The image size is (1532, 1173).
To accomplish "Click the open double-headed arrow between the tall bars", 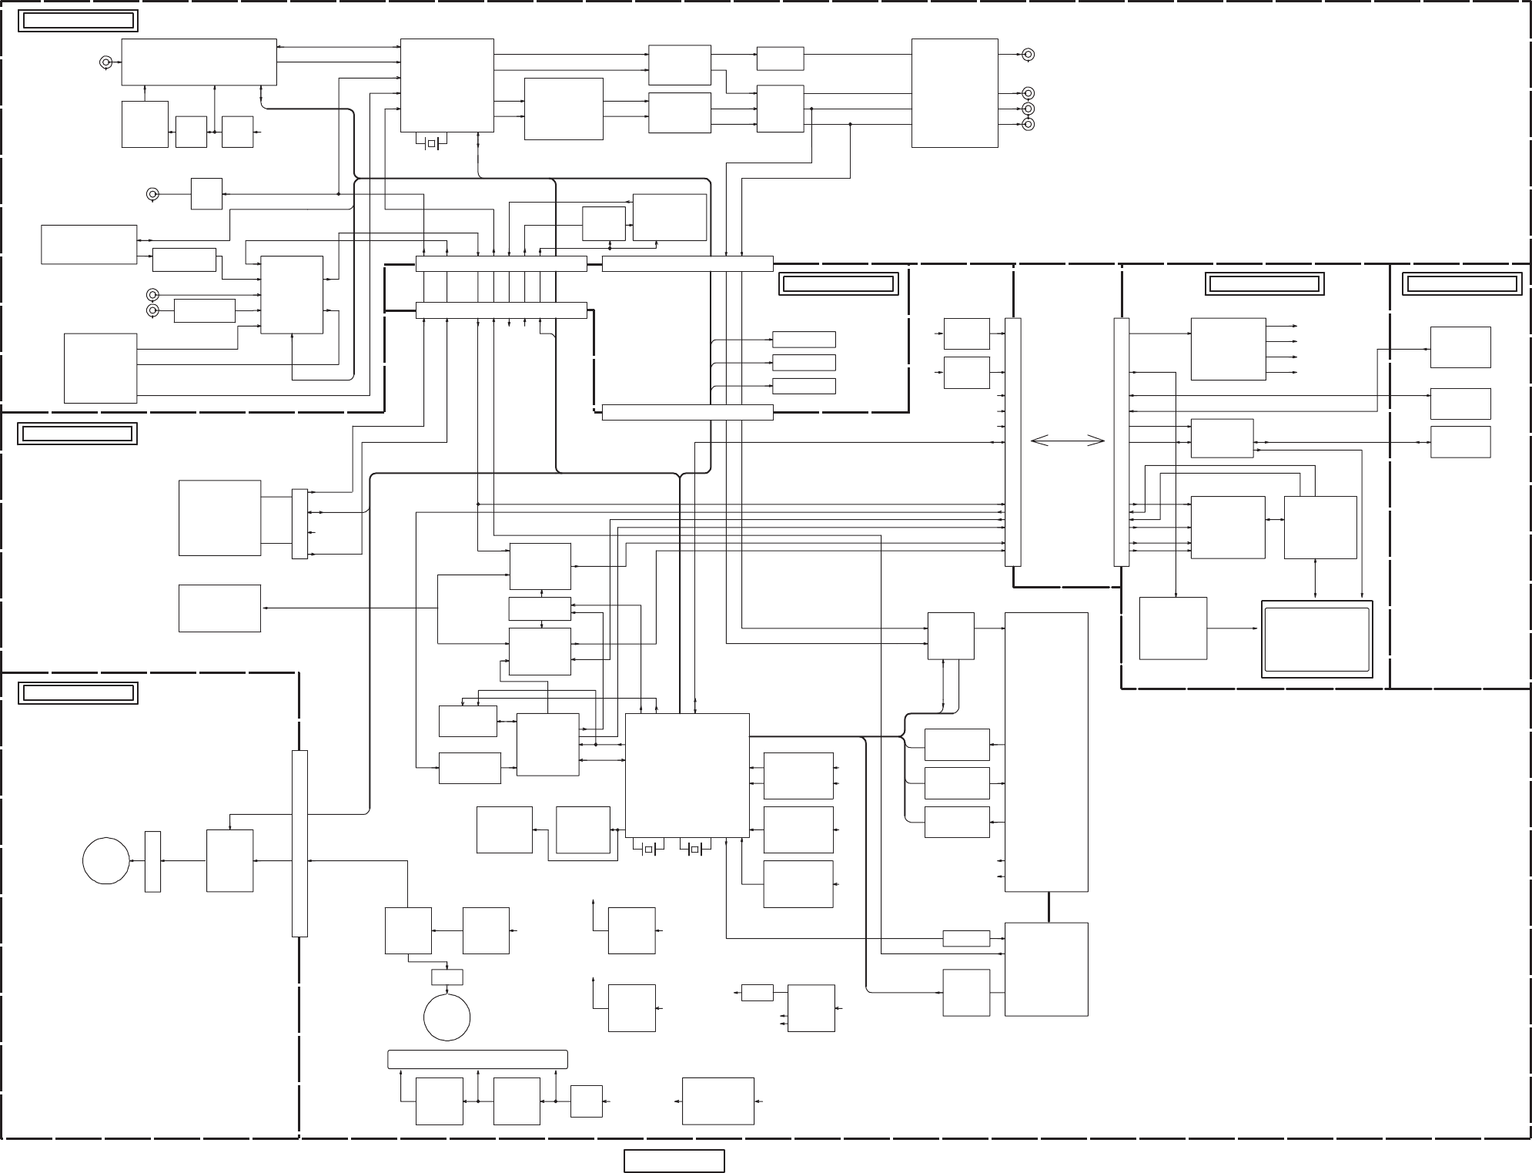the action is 1067,441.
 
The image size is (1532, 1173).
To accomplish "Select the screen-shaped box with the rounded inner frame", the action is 1317,640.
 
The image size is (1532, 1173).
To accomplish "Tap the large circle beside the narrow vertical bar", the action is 106,861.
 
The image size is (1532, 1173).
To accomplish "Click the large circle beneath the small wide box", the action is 447,1017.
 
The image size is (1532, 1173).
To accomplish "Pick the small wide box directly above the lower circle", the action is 447,977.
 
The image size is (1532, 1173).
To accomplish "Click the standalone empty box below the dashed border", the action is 674,1161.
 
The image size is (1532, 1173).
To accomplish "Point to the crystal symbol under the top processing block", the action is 431,143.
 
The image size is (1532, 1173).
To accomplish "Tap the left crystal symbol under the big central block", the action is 649,850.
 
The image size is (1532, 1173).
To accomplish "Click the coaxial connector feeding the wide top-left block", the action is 106,62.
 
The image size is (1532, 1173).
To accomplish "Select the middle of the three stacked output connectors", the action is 1028,109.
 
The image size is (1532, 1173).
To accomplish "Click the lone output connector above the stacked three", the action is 1028,55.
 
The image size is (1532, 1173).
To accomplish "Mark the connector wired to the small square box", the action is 152,193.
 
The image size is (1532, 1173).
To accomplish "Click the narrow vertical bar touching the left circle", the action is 152,861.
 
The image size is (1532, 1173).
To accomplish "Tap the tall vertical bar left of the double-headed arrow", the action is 1013,441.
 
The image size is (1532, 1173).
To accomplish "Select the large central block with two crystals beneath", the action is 687,775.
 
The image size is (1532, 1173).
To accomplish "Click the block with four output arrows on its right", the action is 1228,349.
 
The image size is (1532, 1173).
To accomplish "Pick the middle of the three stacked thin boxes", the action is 803,363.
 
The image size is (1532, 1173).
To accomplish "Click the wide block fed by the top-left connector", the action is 199,62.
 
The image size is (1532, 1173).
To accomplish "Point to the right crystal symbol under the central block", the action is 695,850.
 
